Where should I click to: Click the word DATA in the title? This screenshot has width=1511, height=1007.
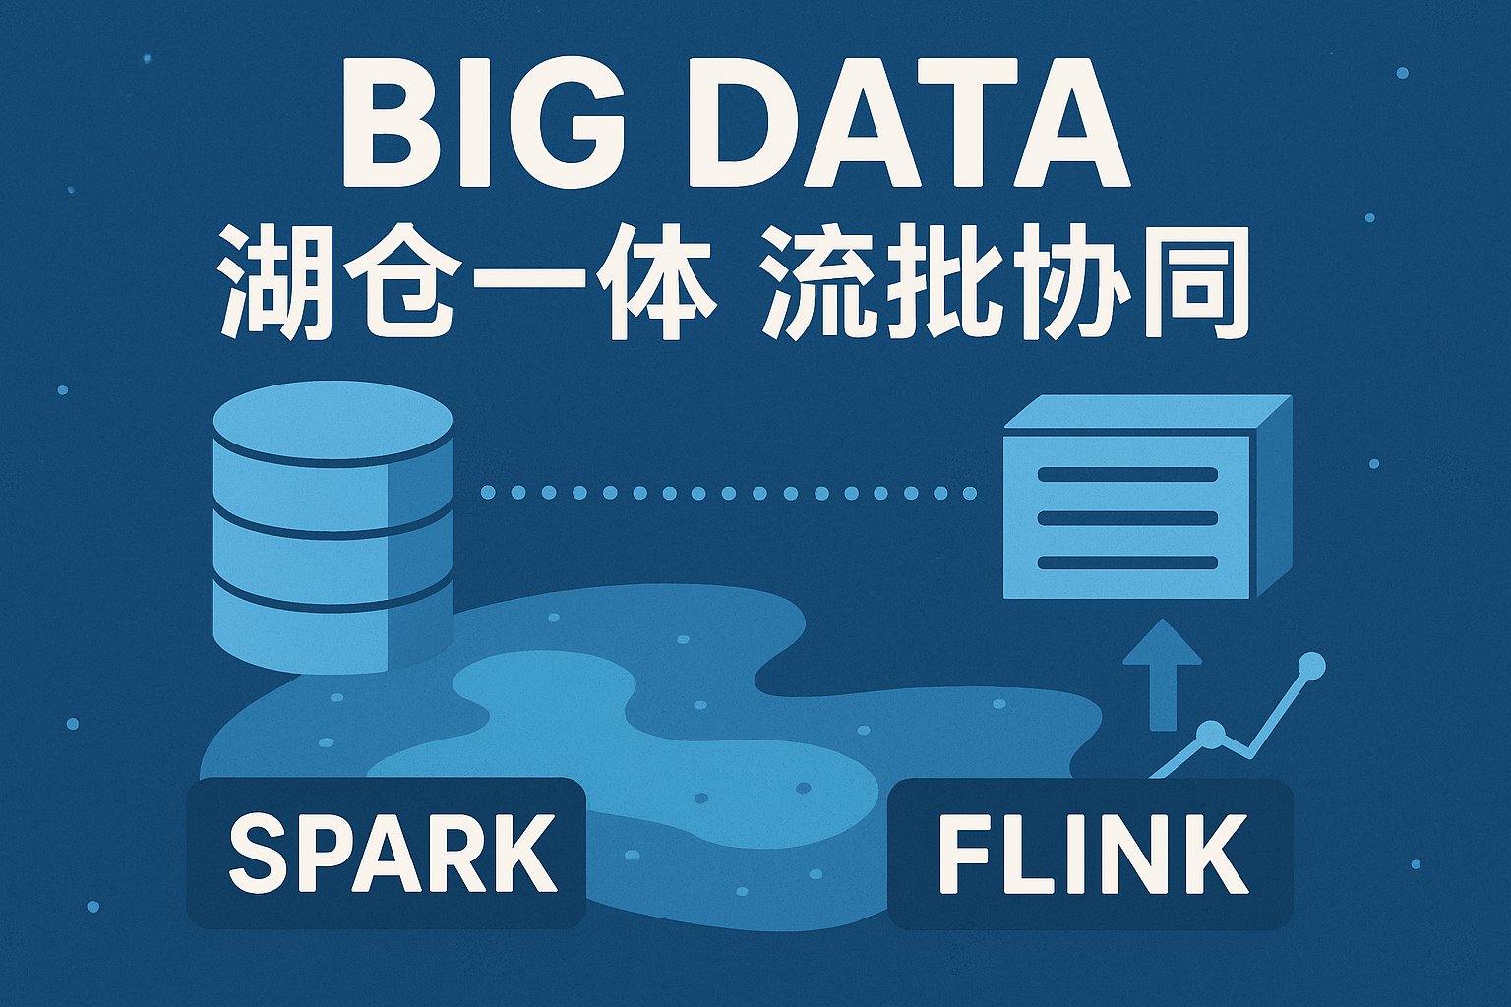908,124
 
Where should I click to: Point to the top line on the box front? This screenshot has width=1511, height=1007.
1127,474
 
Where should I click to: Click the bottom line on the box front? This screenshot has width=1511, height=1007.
1127,563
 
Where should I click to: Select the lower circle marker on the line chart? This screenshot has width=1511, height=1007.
1211,734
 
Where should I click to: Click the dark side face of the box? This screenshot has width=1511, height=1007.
1269,497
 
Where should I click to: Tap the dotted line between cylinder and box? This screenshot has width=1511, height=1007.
728,493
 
